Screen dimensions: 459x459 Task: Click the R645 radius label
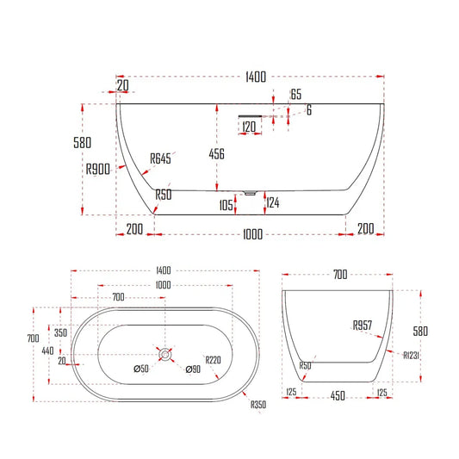click(160, 158)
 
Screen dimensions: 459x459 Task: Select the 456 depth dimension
click(217, 154)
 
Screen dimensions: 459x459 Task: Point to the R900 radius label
click(98, 171)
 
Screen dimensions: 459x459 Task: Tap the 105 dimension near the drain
click(226, 205)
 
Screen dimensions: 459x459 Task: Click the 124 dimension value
click(273, 203)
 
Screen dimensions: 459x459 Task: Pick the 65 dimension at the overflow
click(295, 95)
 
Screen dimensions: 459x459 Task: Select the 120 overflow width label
click(250, 127)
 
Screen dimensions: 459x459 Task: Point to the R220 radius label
click(213, 360)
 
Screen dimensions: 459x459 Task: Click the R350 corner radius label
click(258, 406)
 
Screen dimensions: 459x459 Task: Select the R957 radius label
click(361, 326)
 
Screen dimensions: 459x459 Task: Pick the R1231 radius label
click(412, 354)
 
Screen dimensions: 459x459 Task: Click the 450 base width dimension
click(339, 394)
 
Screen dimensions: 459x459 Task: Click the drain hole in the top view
click(164, 353)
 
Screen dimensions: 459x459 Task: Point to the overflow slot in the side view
click(250, 113)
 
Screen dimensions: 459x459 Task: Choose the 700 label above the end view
click(339, 275)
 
